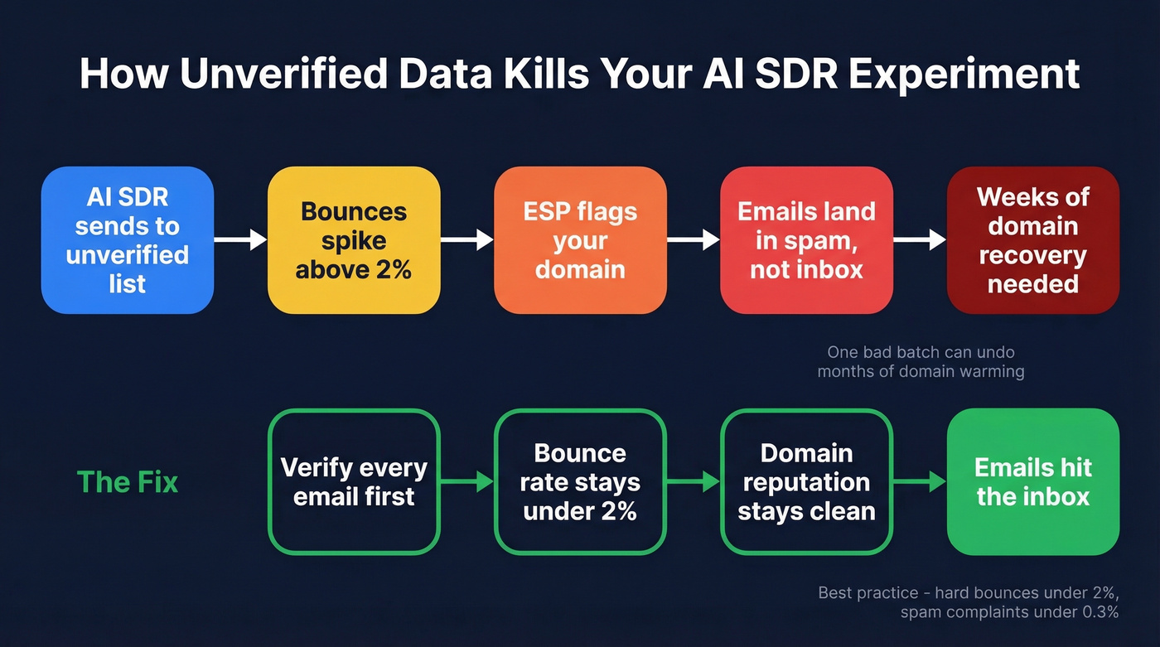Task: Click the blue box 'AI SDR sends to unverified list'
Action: pyautogui.click(x=128, y=240)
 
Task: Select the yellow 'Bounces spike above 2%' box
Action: pyautogui.click(x=354, y=240)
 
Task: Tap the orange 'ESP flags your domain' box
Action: pyautogui.click(x=580, y=240)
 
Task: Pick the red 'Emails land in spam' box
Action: pyautogui.click(x=806, y=240)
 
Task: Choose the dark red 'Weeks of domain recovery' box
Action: pyautogui.click(x=1032, y=240)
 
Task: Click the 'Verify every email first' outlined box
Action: pyautogui.click(x=354, y=481)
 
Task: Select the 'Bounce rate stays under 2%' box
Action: pyautogui.click(x=580, y=481)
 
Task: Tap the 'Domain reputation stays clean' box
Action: pyautogui.click(x=806, y=481)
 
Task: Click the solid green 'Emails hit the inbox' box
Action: pyautogui.click(x=1032, y=481)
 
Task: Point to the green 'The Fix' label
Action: pyautogui.click(x=128, y=481)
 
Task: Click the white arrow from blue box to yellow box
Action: pyautogui.click(x=240, y=240)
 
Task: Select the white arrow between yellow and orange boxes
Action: pyautogui.click(x=466, y=240)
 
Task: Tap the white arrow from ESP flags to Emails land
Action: pyautogui.click(x=693, y=240)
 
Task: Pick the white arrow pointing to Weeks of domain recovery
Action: pyautogui.click(x=919, y=240)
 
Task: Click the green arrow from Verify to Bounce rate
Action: pyautogui.click(x=466, y=481)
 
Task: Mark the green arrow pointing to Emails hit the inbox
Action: pyautogui.click(x=919, y=481)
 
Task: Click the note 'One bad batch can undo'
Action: pyautogui.click(x=921, y=353)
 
